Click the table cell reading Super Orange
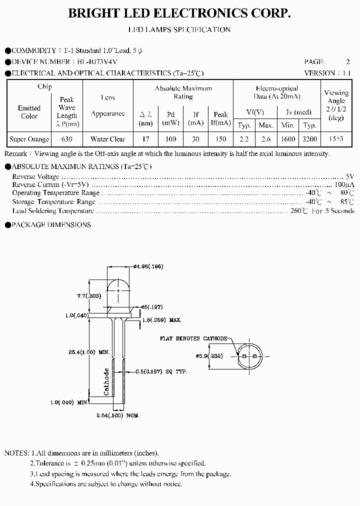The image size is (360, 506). (29, 139)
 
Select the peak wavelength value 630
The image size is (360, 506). (67, 139)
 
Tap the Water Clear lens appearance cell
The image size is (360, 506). (108, 139)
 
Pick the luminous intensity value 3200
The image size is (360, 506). (310, 139)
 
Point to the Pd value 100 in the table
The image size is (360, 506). (171, 139)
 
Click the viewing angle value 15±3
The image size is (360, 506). (336, 139)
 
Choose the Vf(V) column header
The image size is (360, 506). (255, 112)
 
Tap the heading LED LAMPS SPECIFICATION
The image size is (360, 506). (180, 29)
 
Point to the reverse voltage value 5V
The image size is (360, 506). (350, 176)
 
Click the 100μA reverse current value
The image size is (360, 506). (345, 184)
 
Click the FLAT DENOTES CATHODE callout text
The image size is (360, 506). (194, 338)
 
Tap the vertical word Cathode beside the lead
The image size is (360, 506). (106, 382)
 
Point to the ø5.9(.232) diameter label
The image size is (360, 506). (210, 356)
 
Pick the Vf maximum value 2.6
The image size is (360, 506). (266, 139)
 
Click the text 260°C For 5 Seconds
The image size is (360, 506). (322, 210)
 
